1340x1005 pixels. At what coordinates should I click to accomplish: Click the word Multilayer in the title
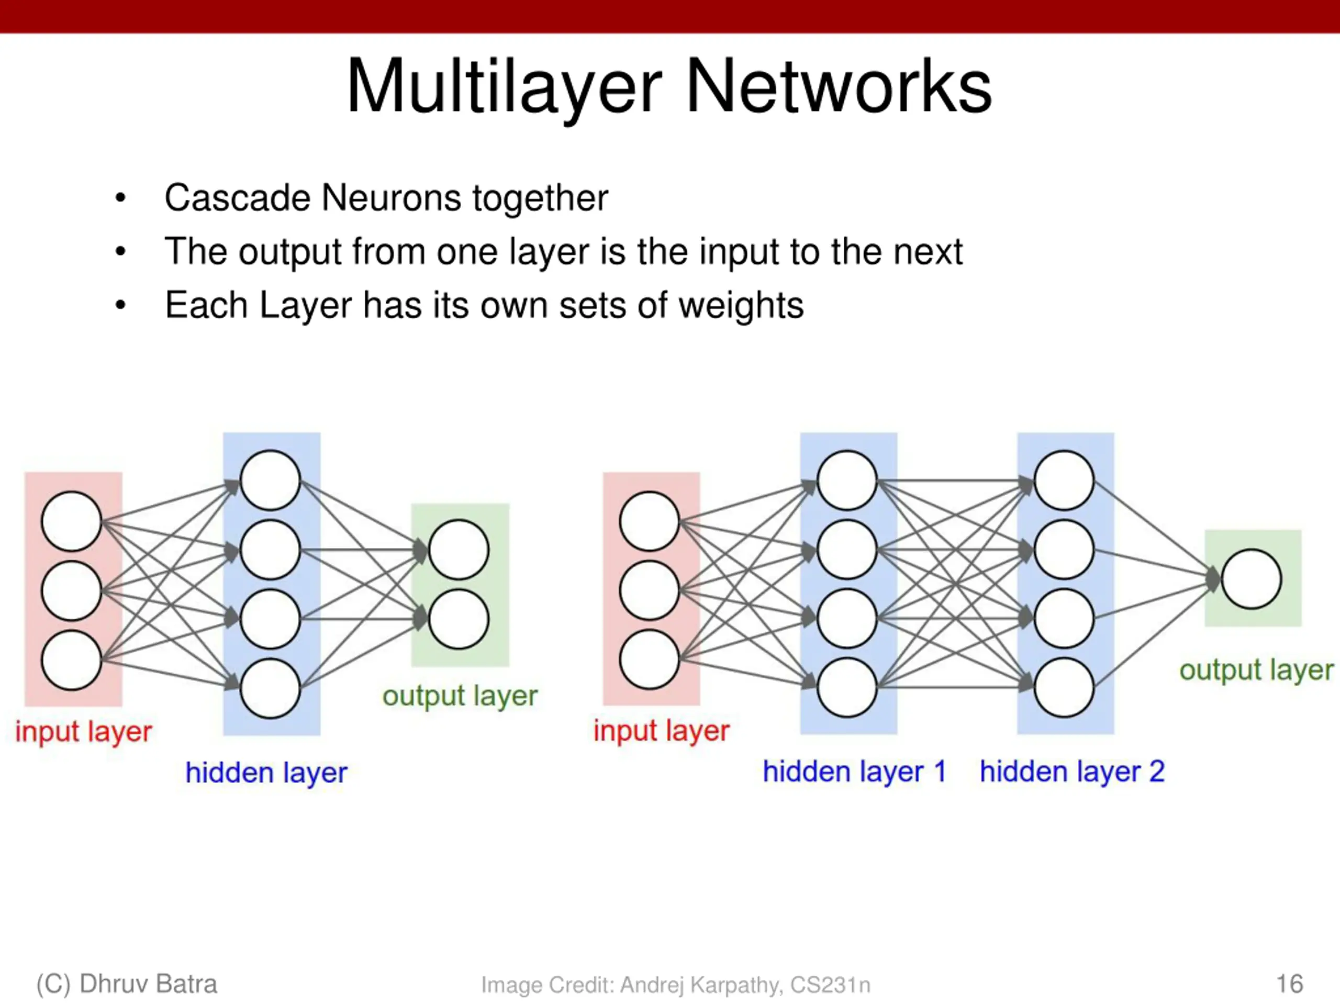[503, 86]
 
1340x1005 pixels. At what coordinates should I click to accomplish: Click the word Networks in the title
[839, 86]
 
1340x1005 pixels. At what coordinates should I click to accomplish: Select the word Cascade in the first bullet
[237, 197]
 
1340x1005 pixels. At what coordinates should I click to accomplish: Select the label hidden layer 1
[854, 772]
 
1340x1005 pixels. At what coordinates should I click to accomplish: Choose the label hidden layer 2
[1071, 772]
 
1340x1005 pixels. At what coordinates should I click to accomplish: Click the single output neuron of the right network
[1251, 579]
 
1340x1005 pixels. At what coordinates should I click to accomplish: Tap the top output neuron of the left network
[459, 550]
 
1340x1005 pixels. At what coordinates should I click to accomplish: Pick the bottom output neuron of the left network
[459, 619]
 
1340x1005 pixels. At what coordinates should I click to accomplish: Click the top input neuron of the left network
[72, 521]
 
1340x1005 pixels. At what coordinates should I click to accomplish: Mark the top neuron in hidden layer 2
[1064, 481]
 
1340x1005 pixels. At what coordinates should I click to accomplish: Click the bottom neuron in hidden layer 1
[847, 688]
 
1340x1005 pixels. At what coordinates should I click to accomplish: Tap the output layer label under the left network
[460, 696]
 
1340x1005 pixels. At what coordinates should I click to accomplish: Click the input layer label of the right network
[662, 731]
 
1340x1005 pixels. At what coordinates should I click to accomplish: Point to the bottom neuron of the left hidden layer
[270, 688]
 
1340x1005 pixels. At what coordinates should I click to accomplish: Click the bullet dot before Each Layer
[120, 305]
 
